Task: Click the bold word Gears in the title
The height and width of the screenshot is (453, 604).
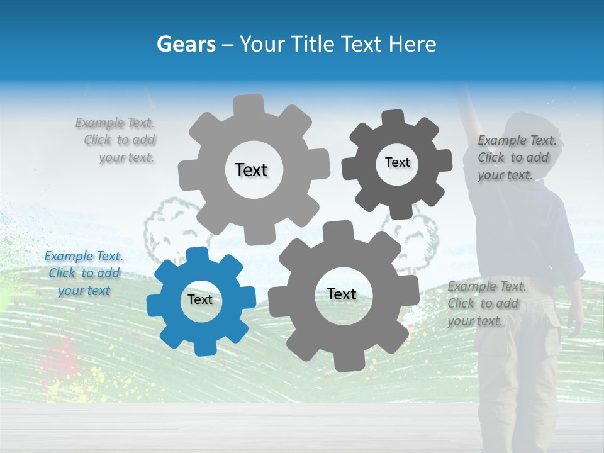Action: click(x=186, y=44)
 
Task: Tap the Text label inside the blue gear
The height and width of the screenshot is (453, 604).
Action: click(x=200, y=299)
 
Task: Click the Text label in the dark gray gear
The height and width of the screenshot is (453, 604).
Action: click(x=397, y=162)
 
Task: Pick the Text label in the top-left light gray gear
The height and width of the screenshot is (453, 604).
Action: click(x=251, y=170)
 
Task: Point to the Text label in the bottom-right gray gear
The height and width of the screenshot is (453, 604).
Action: click(x=342, y=294)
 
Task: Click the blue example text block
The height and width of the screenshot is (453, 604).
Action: click(x=84, y=274)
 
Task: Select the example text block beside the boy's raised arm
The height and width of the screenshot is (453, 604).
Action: click(x=517, y=158)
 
